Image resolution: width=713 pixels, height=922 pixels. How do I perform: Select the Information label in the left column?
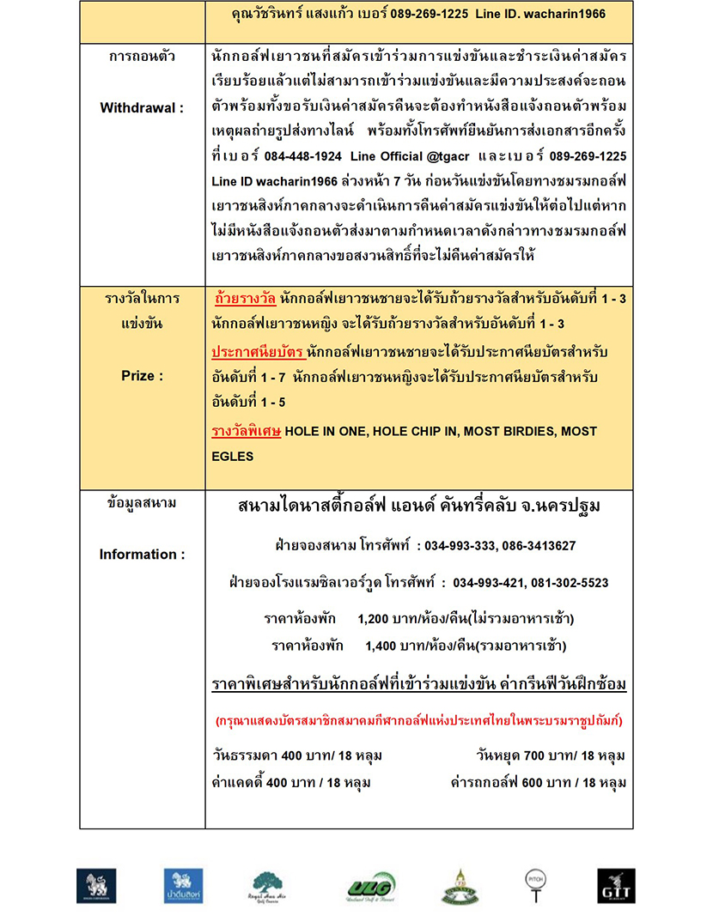point(142,555)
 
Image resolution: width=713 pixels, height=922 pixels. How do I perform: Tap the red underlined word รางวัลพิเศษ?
point(247,431)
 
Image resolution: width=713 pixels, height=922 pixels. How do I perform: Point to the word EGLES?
point(233,457)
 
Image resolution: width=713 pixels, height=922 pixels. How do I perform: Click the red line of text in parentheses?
point(418,720)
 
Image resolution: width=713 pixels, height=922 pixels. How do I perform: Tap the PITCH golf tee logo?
point(535,885)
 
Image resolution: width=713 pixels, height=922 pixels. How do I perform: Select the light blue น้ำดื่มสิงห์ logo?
point(183,886)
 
